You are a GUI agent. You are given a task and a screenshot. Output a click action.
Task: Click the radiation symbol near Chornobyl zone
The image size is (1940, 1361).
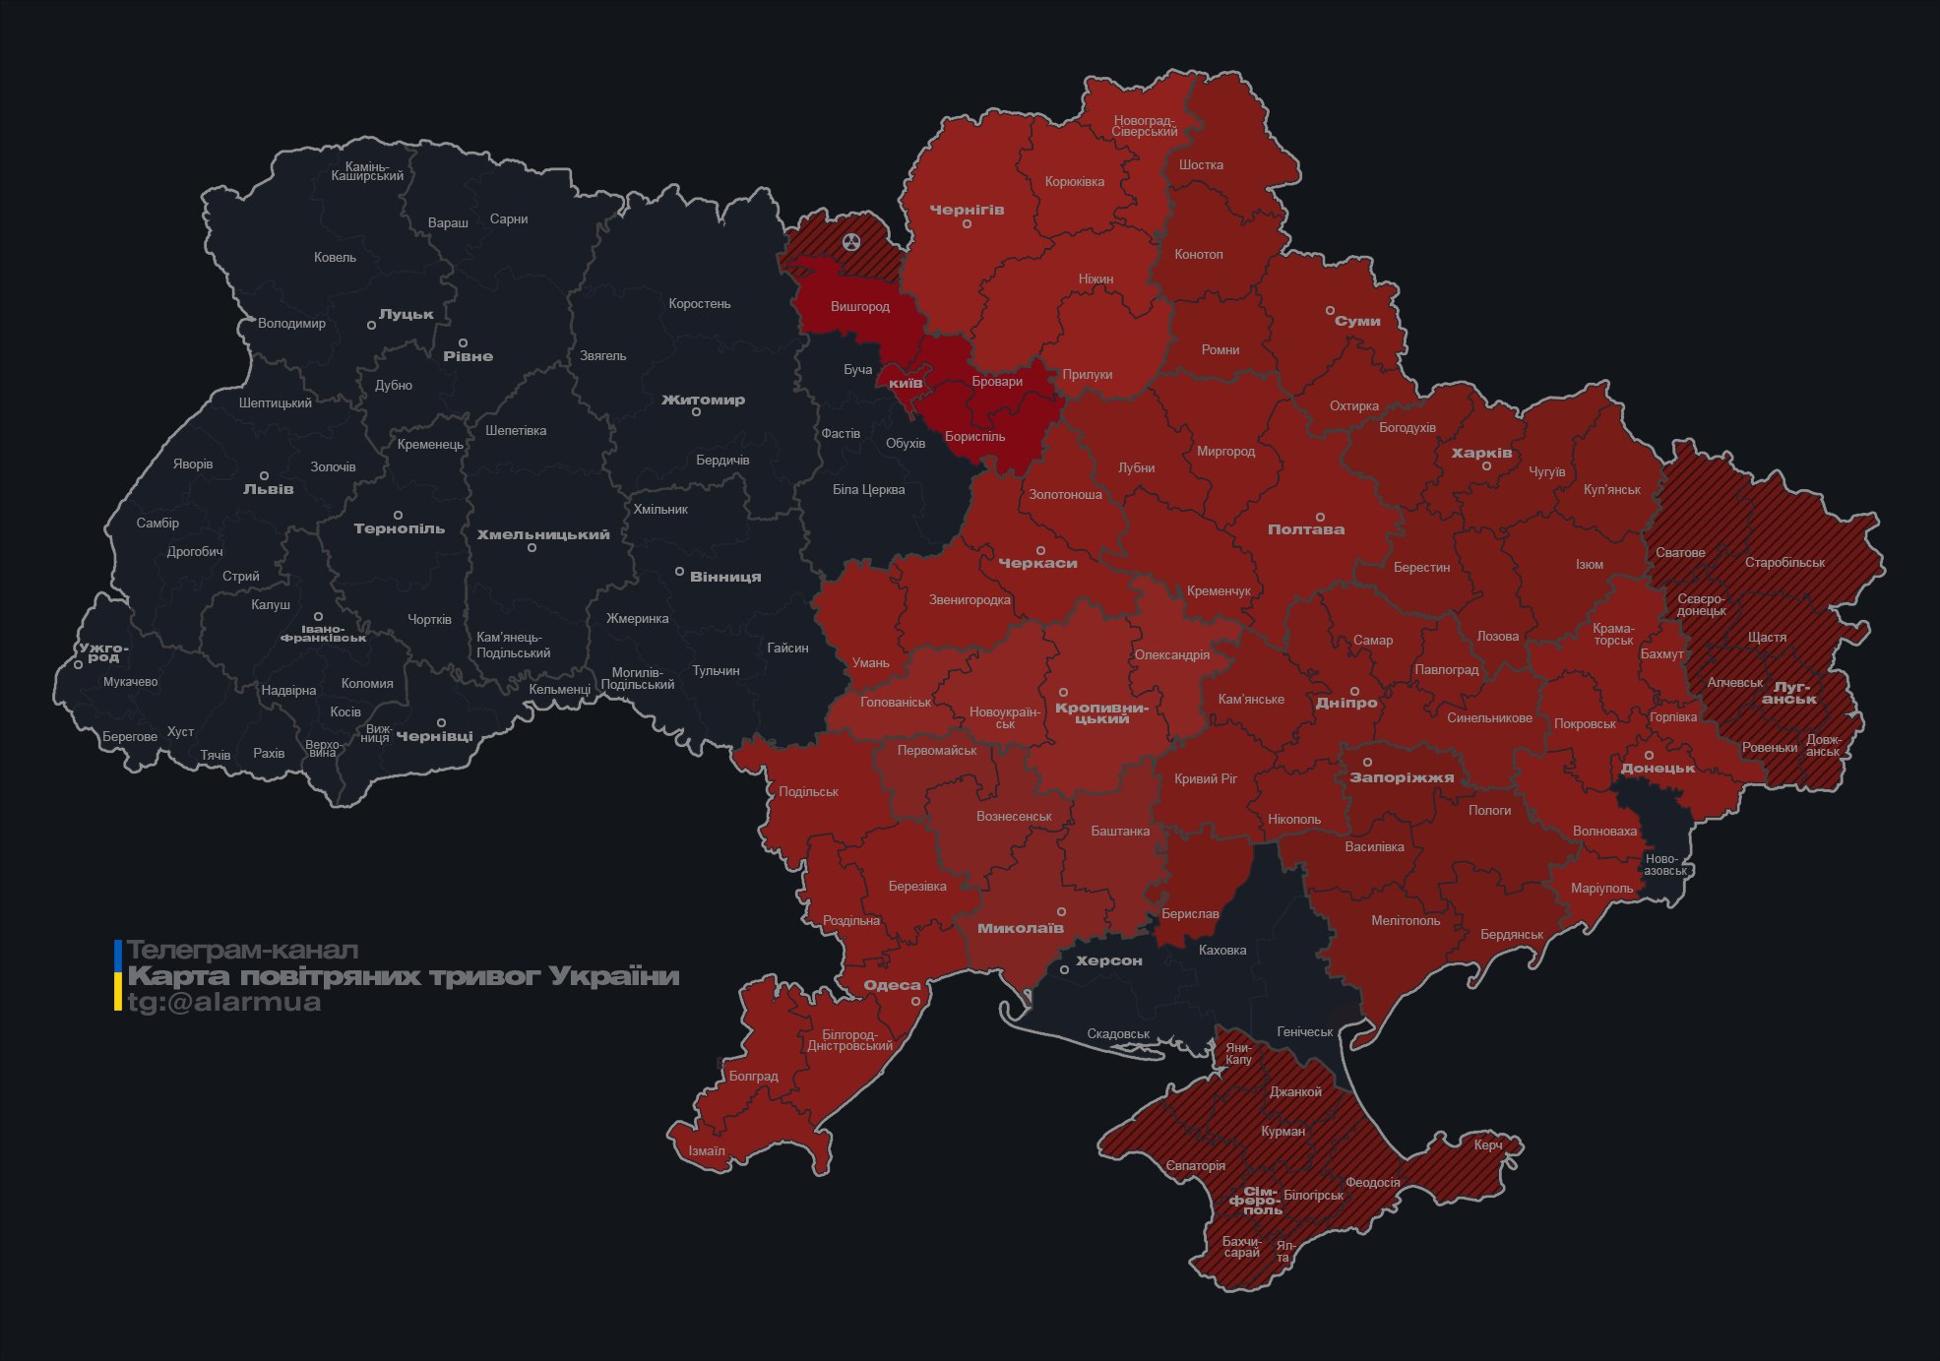(x=851, y=241)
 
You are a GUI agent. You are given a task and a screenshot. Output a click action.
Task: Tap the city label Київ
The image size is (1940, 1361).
(x=906, y=383)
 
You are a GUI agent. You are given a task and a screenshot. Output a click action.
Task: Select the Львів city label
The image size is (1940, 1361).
(x=268, y=489)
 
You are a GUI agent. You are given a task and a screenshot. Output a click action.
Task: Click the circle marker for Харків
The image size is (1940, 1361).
(x=1486, y=466)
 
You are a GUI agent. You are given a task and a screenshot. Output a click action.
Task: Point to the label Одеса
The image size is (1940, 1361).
(x=892, y=985)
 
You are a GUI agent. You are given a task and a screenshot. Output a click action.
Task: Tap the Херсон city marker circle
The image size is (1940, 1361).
(x=1064, y=970)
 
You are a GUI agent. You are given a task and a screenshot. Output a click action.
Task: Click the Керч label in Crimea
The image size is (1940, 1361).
(x=1487, y=1145)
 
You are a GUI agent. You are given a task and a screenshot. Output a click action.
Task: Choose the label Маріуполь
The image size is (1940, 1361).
(x=1601, y=889)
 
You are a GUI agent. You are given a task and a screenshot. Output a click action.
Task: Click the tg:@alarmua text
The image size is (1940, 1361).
(x=224, y=1003)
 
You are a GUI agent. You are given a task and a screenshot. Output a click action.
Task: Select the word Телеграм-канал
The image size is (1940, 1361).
(x=242, y=951)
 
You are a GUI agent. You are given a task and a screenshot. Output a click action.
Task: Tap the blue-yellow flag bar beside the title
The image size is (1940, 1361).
(x=118, y=975)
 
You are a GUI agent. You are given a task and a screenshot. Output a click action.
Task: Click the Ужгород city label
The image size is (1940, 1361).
(x=103, y=652)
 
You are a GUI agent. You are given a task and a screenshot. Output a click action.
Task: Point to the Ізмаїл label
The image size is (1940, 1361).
(x=707, y=1151)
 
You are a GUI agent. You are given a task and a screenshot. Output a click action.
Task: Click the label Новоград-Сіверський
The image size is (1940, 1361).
(x=1144, y=126)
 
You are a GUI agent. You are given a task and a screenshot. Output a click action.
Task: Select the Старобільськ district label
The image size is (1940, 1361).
(x=1784, y=563)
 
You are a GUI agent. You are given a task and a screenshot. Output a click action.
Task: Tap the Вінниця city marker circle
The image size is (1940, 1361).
(x=679, y=572)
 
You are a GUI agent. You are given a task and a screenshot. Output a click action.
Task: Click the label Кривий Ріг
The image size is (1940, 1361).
(x=1206, y=779)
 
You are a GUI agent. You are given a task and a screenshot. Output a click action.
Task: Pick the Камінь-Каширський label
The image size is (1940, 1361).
(x=367, y=171)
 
